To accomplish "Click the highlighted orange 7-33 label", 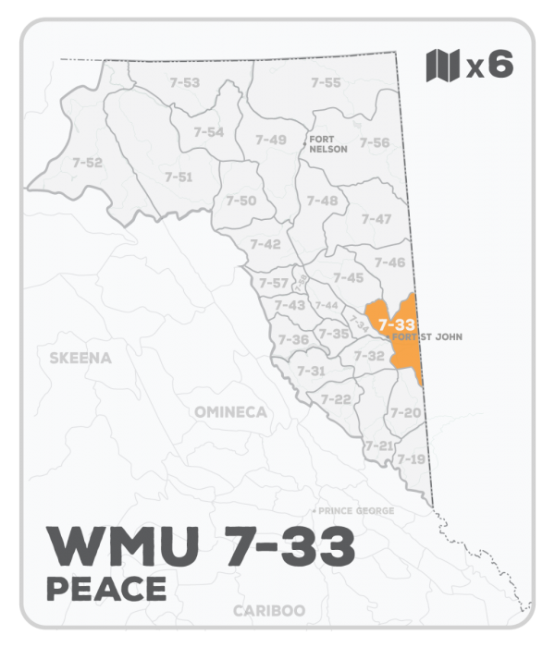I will click(x=396, y=325).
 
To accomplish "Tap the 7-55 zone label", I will click(x=326, y=83).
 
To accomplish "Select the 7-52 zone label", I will click(x=87, y=163).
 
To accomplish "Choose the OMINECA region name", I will click(x=231, y=410).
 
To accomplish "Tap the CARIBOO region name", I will click(x=269, y=611).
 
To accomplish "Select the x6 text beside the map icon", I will click(x=489, y=66).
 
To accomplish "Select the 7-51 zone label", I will click(x=179, y=177).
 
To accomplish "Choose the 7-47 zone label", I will click(x=376, y=219).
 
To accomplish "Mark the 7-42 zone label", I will click(x=265, y=244).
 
